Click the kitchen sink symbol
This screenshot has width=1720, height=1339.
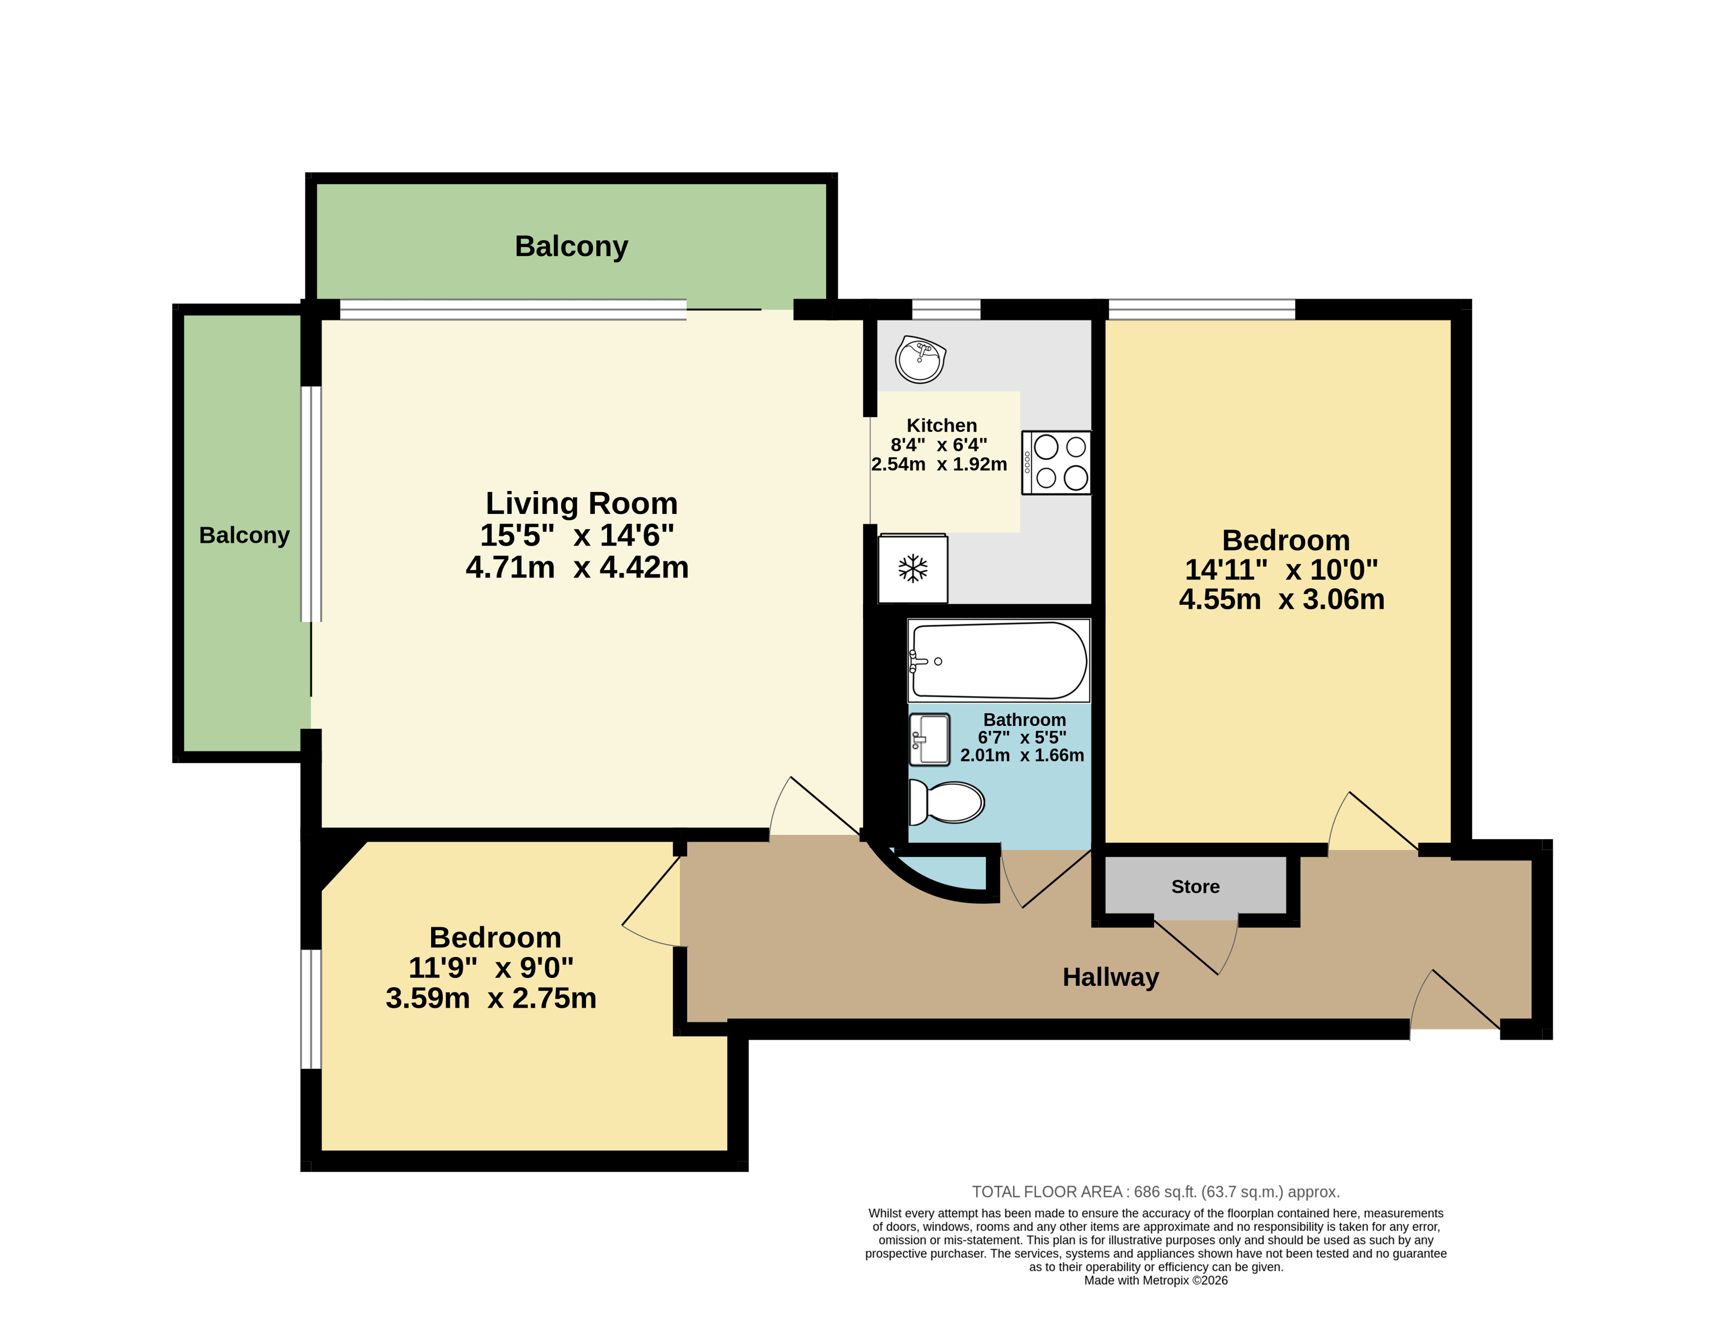tap(920, 359)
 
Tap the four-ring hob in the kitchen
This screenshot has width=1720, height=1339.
tap(1056, 463)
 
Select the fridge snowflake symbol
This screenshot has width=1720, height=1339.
tap(913, 568)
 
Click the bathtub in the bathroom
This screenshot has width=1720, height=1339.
tap(999, 660)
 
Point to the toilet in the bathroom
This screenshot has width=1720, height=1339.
tap(946, 802)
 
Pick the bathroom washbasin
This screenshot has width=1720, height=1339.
tap(929, 739)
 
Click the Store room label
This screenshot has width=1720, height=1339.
tap(1195, 887)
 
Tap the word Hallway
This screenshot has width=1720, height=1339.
tap(1110, 978)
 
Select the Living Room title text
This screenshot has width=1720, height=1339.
tap(581, 503)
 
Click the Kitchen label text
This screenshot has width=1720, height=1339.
tap(941, 425)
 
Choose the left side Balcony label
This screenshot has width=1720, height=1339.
tap(244, 536)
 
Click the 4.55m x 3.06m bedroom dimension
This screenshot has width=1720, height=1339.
tap(1282, 599)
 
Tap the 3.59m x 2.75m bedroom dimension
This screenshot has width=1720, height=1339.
tap(490, 998)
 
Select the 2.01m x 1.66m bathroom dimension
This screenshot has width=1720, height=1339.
tap(1022, 755)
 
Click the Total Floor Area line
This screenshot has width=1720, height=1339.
tap(1155, 1192)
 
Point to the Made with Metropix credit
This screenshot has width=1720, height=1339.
tap(1155, 1280)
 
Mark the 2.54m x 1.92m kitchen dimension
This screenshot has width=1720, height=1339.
tap(939, 464)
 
